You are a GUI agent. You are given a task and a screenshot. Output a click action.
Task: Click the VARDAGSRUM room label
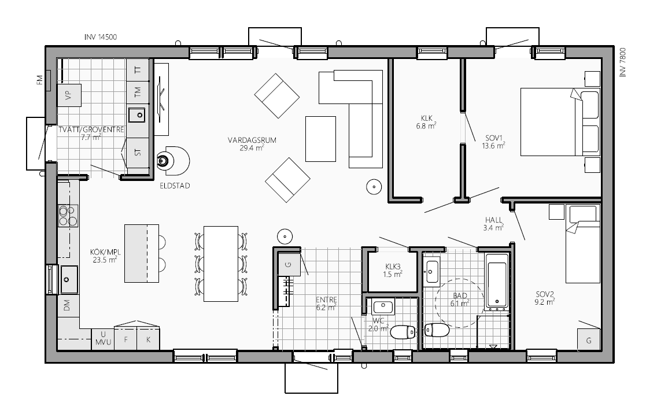[x=252, y=140]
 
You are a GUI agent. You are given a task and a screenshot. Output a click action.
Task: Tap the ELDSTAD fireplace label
[x=175, y=186]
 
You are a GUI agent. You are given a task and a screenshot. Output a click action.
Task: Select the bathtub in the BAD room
[x=496, y=282]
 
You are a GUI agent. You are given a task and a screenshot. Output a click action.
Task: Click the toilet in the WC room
[x=403, y=332]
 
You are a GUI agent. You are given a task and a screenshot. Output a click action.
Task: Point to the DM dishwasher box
[x=67, y=305]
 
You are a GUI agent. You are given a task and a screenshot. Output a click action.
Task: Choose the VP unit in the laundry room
[x=69, y=95]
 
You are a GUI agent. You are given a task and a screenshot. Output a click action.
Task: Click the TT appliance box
[x=138, y=69]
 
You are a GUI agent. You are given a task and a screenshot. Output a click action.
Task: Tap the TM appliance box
[x=138, y=92]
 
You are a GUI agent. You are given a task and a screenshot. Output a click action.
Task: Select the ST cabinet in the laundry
[x=138, y=152]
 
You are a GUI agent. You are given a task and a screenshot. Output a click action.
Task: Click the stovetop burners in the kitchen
[x=68, y=216]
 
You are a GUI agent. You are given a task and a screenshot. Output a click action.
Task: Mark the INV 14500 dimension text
[x=101, y=37]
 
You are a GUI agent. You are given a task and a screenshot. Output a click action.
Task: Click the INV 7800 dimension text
[x=622, y=62]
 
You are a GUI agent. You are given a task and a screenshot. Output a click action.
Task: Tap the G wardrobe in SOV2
[x=589, y=340]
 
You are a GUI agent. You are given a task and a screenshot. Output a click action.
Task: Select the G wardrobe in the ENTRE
[x=289, y=265]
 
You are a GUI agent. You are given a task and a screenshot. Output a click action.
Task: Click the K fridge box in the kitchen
[x=148, y=339]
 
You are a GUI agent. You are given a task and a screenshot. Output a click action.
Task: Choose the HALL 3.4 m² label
[x=493, y=224]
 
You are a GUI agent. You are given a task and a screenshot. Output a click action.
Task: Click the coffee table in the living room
[x=320, y=139]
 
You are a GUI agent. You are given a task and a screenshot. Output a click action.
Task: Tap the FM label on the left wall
[x=39, y=80]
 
